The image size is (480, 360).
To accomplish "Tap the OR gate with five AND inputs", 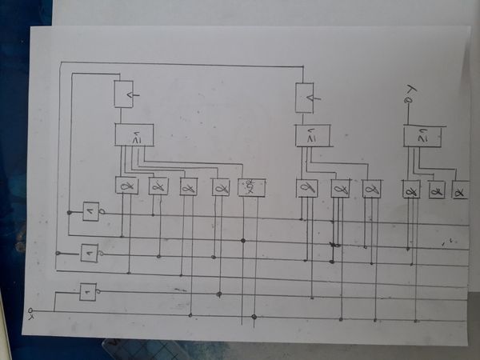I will (133, 136).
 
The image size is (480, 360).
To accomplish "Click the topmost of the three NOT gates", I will (91, 211).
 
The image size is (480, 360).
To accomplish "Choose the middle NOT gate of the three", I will (90, 253).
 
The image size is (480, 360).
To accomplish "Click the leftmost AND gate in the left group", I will (126, 186).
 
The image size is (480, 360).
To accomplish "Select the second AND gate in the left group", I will (158, 186).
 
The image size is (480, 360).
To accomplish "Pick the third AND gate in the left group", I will (189, 187).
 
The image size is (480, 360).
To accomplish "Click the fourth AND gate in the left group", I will (220, 187).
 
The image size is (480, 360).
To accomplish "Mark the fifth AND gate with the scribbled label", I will (251, 187).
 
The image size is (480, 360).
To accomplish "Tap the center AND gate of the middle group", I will (339, 188).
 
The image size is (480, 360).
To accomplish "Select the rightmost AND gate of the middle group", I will (370, 189).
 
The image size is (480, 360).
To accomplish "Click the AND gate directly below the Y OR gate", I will (411, 191).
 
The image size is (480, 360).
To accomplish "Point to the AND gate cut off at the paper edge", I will (462, 190).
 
